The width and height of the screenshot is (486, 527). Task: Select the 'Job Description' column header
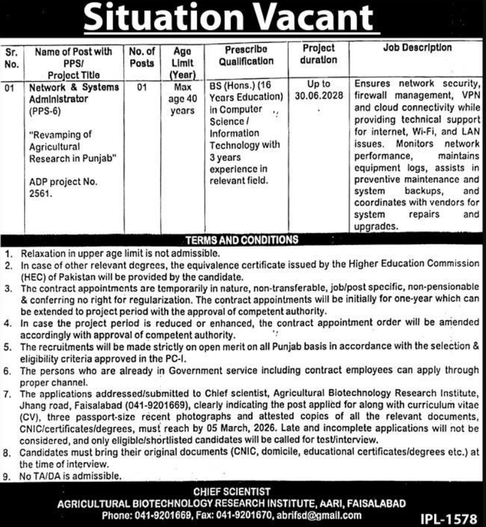point(418,47)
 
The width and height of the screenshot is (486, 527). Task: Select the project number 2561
point(39,194)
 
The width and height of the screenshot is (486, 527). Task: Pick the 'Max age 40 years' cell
point(182,99)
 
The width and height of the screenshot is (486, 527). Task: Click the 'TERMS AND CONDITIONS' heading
point(242,239)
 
